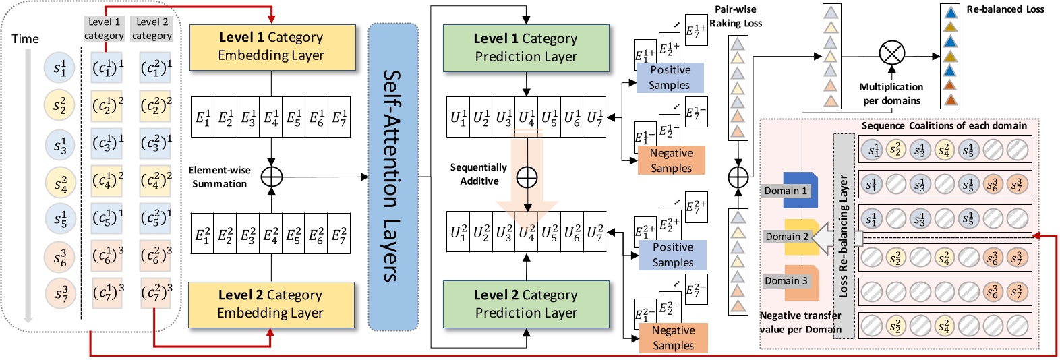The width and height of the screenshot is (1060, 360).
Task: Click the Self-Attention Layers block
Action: [x=393, y=177]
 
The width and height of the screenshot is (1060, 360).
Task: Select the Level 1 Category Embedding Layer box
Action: [x=272, y=47]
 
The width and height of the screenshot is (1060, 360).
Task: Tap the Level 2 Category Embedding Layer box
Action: [x=271, y=304]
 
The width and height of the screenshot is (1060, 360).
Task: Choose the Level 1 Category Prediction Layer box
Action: [x=526, y=48]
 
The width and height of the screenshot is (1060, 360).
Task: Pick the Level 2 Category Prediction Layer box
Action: [x=526, y=304]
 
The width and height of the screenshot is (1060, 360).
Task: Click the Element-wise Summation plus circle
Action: [x=271, y=177]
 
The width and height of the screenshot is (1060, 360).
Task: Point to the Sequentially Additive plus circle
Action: [x=527, y=177]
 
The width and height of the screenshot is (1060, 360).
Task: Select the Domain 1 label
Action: [x=786, y=191]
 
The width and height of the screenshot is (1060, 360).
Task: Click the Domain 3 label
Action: [x=786, y=281]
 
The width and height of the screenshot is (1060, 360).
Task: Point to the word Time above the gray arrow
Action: [x=26, y=39]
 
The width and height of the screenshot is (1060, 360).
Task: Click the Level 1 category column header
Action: [x=104, y=29]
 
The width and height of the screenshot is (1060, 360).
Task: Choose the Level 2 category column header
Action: [x=152, y=29]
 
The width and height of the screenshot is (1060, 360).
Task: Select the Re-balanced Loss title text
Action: [x=1005, y=9]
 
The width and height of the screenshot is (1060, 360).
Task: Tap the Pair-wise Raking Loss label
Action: [x=736, y=16]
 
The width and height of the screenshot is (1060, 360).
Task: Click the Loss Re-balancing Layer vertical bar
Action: [x=844, y=235]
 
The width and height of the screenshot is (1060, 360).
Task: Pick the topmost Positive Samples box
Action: [x=670, y=78]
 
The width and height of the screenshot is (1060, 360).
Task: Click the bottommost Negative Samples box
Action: [x=673, y=338]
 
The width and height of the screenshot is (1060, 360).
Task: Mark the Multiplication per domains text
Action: [x=891, y=94]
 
